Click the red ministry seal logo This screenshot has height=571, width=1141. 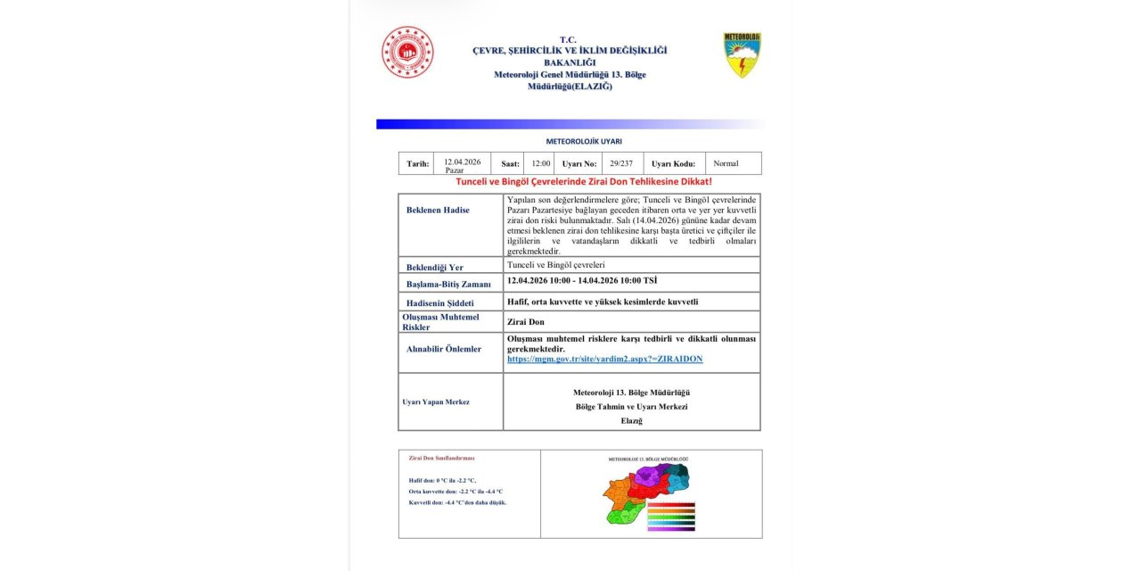[x=407, y=52]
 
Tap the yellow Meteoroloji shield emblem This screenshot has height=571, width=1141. [x=742, y=55]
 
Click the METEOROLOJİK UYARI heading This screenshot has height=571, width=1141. [x=584, y=141]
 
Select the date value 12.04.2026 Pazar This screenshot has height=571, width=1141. [x=462, y=165]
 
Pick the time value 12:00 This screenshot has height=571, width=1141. [x=541, y=164]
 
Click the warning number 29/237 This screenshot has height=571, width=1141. [x=621, y=164]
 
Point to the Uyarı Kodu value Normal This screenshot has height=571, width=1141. [x=726, y=164]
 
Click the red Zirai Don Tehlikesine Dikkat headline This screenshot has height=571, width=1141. [x=584, y=181]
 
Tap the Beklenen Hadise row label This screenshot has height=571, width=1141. [x=438, y=211]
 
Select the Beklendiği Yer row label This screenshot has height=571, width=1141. [x=435, y=267]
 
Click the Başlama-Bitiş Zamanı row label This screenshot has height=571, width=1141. [x=448, y=284]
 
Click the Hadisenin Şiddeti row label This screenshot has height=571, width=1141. [x=440, y=303]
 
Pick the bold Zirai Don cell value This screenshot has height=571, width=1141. [x=525, y=322]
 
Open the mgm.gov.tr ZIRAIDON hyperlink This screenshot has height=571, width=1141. [x=604, y=359]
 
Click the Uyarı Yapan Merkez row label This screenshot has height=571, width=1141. [x=436, y=402]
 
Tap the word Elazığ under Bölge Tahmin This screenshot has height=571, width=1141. [x=631, y=420]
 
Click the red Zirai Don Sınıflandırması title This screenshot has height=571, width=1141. [x=441, y=458]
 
